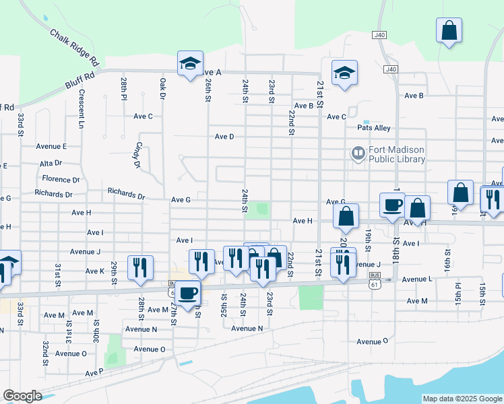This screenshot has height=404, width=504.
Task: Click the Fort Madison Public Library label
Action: (x=397, y=155)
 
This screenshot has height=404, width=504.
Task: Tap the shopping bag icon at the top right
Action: (x=449, y=30)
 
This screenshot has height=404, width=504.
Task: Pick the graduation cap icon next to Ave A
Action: (x=190, y=63)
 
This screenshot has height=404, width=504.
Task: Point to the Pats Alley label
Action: (x=374, y=128)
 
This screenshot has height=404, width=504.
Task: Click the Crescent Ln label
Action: (x=81, y=109)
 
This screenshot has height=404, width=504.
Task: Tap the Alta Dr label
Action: (x=51, y=163)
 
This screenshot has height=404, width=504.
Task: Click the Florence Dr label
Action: (x=61, y=179)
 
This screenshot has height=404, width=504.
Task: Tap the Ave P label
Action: (x=94, y=372)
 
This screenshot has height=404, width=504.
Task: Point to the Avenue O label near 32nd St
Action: (x=71, y=353)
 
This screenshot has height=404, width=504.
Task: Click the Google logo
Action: (x=22, y=396)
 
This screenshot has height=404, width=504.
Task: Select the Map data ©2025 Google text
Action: (x=462, y=399)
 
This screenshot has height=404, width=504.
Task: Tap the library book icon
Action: (x=357, y=154)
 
